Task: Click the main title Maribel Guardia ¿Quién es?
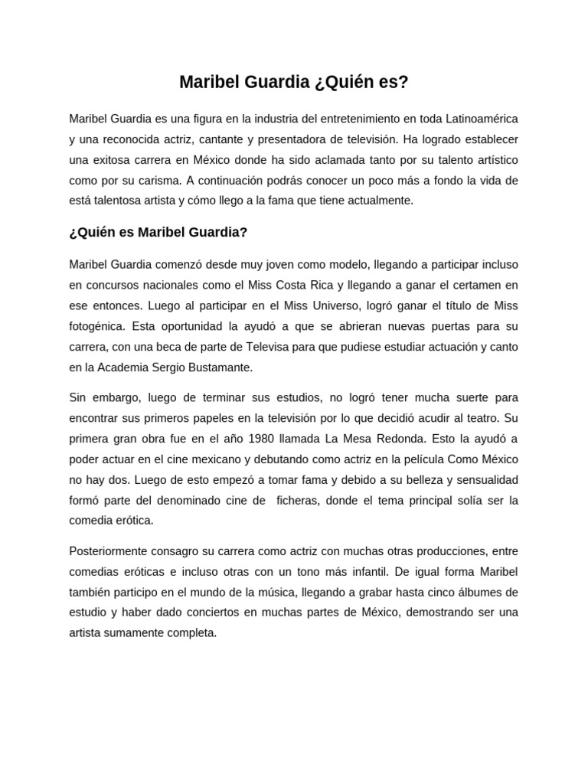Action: tap(294, 82)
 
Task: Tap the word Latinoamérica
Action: tap(479, 119)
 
